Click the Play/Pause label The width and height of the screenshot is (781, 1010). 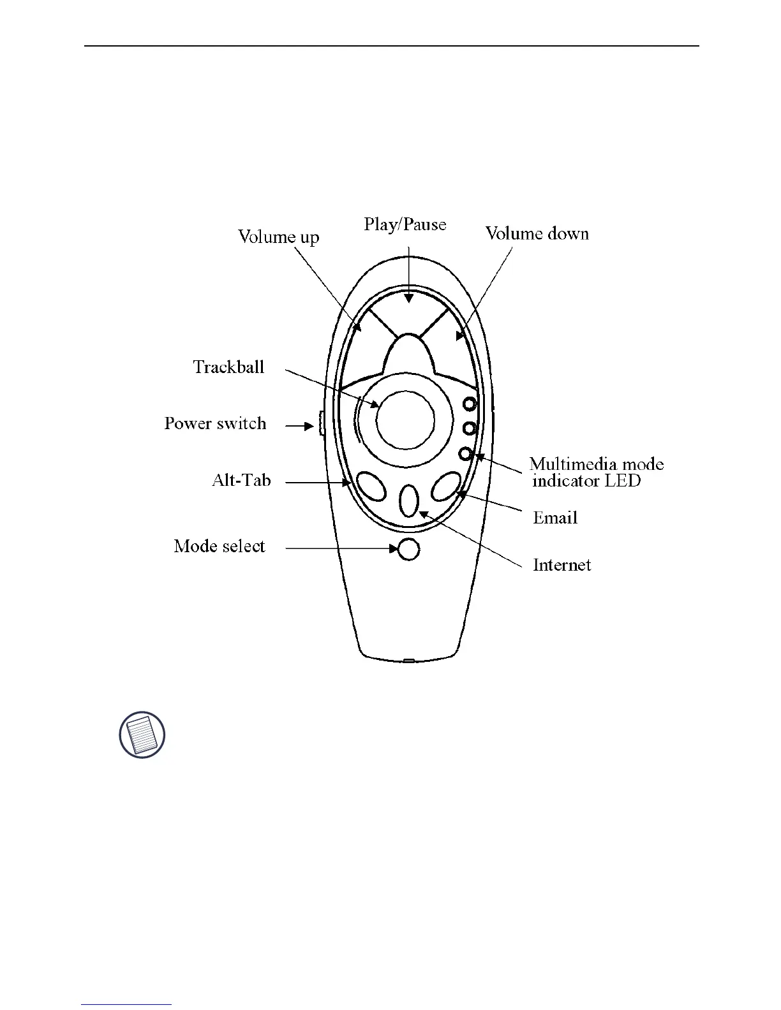click(x=405, y=224)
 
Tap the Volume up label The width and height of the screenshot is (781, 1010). click(x=278, y=237)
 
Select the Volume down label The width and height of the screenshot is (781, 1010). click(x=537, y=233)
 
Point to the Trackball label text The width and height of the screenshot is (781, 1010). click(x=228, y=367)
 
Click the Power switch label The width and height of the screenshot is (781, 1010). click(x=215, y=423)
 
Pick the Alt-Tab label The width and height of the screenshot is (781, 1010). click(x=241, y=479)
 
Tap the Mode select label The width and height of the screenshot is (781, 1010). click(x=219, y=546)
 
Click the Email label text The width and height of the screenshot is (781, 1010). click(x=555, y=518)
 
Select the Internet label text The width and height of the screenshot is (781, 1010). click(x=562, y=565)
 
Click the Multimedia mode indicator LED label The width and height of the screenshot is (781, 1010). click(x=596, y=472)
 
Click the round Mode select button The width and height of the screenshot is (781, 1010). click(x=408, y=549)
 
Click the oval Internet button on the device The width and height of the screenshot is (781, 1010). click(x=409, y=501)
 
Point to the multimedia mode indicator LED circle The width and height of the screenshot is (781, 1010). click(x=466, y=453)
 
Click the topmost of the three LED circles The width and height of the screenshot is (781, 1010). click(x=470, y=404)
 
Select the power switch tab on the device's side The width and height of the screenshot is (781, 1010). click(x=321, y=423)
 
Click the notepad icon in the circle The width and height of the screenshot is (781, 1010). click(x=142, y=735)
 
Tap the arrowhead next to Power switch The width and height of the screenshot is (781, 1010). click(x=308, y=425)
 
